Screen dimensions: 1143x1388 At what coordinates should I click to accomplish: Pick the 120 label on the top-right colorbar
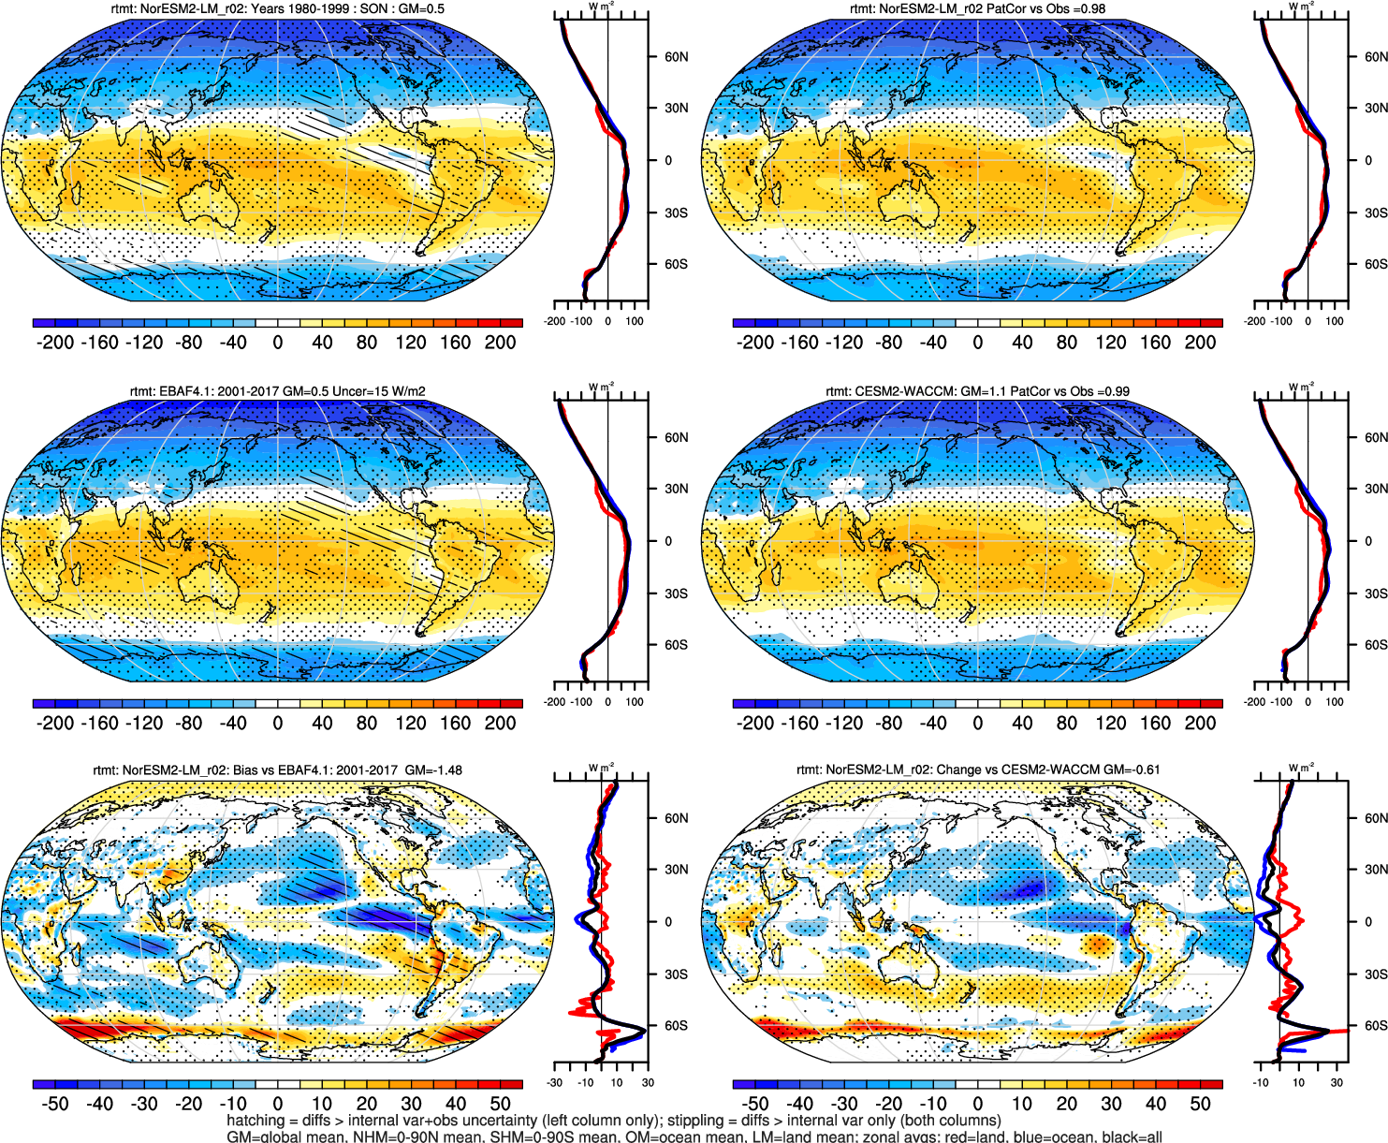pyautogui.click(x=1110, y=343)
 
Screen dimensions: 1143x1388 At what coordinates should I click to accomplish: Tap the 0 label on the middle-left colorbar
pyautogui.click(x=277, y=724)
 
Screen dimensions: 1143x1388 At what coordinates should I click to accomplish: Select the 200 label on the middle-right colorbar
pyautogui.click(x=1200, y=724)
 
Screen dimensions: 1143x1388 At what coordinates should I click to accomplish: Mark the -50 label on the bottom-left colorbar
pyautogui.click(x=55, y=1104)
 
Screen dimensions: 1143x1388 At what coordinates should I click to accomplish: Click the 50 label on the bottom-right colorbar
pyautogui.click(x=1200, y=1104)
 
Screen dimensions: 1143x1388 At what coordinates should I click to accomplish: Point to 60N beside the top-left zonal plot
pyautogui.click(x=676, y=57)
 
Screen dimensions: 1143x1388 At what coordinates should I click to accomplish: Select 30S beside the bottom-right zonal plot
pyautogui.click(x=1375, y=974)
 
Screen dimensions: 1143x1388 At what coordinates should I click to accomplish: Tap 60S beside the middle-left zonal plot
pyautogui.click(x=676, y=645)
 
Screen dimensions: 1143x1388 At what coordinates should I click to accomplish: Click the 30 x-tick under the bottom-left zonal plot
pyautogui.click(x=647, y=1083)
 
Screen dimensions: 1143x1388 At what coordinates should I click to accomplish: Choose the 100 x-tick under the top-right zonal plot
pyautogui.click(x=1335, y=321)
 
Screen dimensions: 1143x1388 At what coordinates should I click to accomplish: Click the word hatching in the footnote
pyautogui.click(x=255, y=1121)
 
